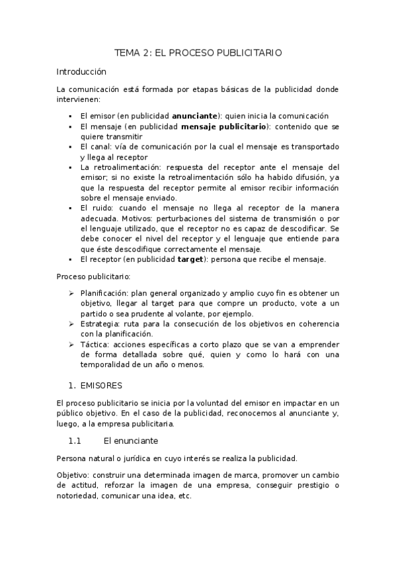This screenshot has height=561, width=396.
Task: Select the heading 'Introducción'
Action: pos(81,71)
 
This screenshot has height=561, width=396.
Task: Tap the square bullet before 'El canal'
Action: pos(70,147)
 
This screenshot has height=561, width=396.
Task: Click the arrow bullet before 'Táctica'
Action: pos(71,345)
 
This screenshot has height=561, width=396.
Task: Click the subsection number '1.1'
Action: pos(74,441)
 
